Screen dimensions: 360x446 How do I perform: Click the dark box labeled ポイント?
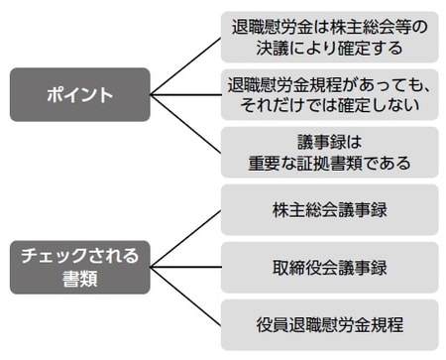point(80,95)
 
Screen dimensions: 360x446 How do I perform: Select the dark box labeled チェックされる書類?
point(80,266)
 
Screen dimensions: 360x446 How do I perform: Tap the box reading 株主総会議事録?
point(329,210)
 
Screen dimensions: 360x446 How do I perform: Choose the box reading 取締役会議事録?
point(329,267)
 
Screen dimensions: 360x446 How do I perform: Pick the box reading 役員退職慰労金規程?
point(329,323)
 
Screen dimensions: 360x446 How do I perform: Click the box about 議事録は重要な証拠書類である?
point(329,152)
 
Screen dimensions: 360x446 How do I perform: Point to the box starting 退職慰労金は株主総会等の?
point(329,38)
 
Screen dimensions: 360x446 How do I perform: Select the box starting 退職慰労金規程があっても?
point(329,94)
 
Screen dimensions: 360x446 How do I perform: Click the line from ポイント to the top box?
point(185,66)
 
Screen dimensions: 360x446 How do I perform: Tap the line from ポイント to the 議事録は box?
point(185,124)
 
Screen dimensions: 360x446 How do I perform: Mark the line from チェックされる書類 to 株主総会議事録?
point(185,238)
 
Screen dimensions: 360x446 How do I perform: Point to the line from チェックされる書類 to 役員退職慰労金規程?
point(185,296)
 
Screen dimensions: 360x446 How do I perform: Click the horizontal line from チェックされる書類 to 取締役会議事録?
point(185,267)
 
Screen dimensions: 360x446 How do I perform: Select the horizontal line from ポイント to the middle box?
point(185,95)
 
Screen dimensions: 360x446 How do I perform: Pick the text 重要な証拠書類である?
point(329,163)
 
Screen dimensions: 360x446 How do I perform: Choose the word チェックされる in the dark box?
point(80,255)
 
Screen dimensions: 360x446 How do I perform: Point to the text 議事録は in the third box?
point(329,142)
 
